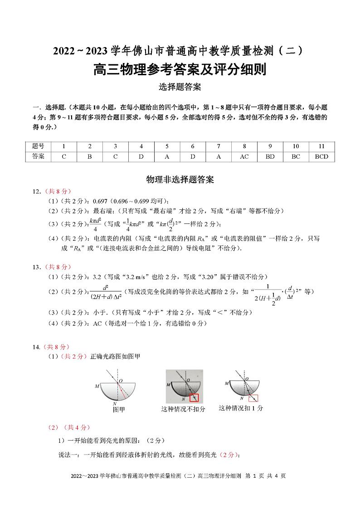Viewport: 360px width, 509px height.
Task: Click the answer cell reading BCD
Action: [x=321, y=157]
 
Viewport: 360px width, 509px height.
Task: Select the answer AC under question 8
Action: [x=244, y=157]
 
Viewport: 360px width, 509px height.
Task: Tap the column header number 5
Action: [x=167, y=146]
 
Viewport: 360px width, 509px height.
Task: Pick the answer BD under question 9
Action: [x=270, y=157]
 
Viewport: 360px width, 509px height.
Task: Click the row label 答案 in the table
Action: [x=39, y=157]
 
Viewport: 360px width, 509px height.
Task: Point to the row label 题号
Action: [x=39, y=146]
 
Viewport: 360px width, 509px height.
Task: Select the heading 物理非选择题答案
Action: [x=180, y=179]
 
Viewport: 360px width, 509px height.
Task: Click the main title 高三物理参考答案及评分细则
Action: [x=180, y=70]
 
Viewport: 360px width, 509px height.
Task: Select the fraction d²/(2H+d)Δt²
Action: [x=106, y=291]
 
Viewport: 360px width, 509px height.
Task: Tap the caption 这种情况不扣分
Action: [x=183, y=409]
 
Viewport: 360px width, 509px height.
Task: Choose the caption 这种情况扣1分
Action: [x=240, y=408]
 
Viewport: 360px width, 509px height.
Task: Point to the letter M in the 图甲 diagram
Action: [x=97, y=386]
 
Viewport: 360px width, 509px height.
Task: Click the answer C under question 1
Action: [x=64, y=157]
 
